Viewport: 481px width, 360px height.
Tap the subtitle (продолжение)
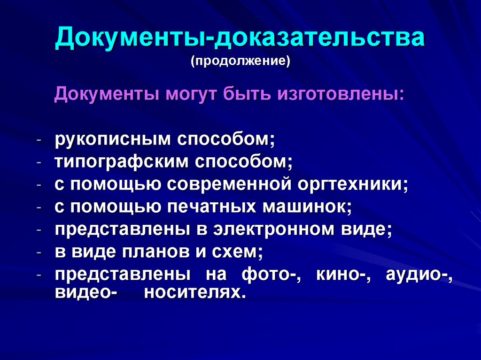point(240,61)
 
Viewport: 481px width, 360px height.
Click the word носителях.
point(194,293)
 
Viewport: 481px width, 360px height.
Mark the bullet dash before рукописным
point(40,140)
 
